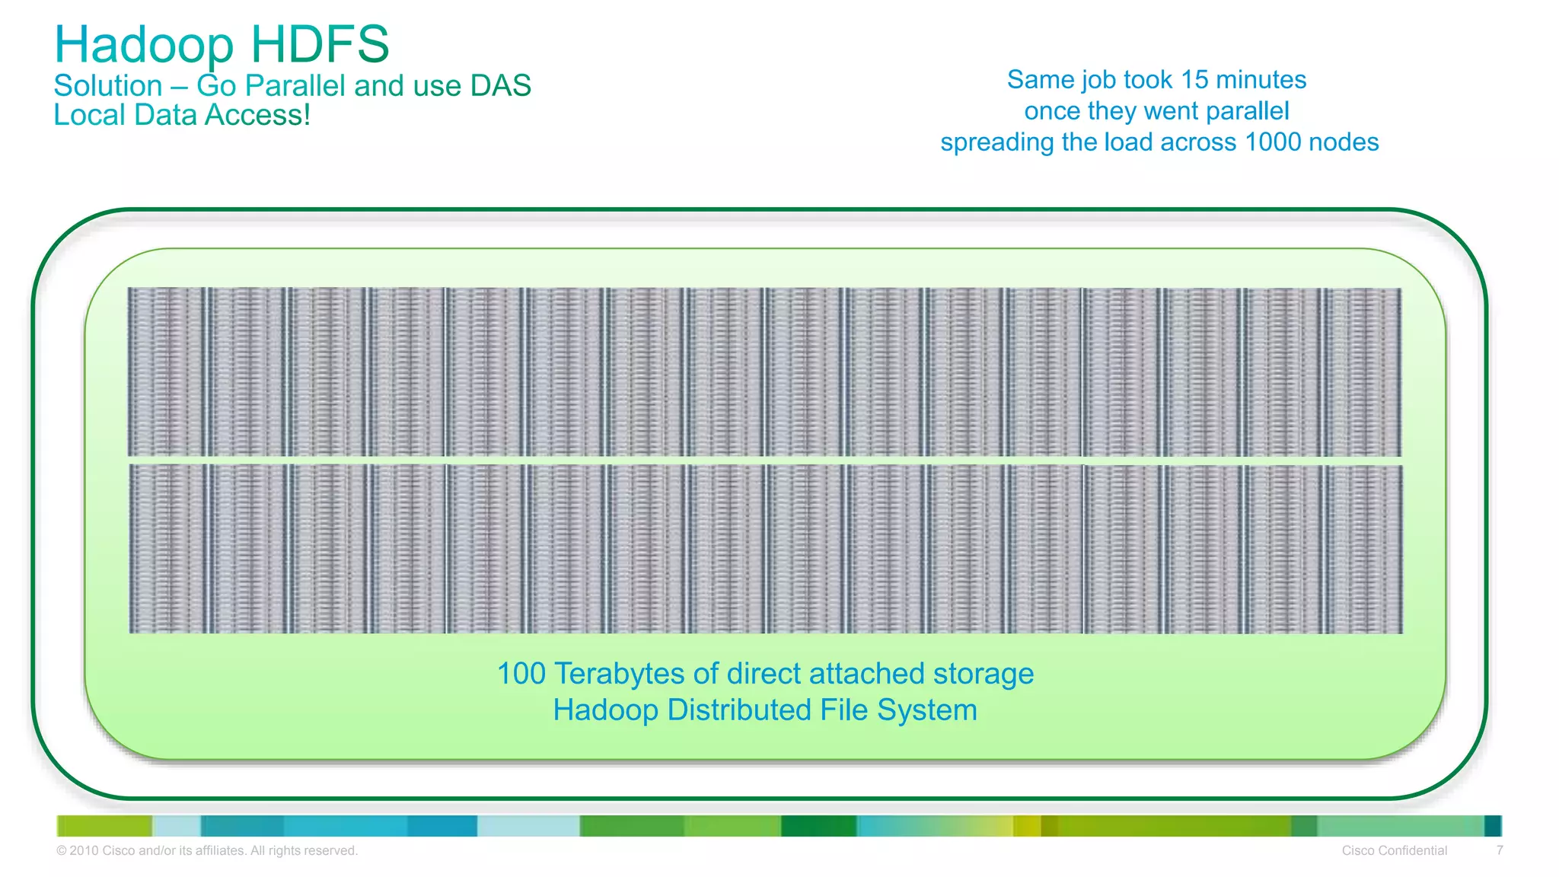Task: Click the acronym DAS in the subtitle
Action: [x=500, y=86]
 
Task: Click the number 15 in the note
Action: [x=1194, y=80]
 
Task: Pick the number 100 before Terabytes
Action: [x=521, y=674]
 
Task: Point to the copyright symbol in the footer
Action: [x=62, y=851]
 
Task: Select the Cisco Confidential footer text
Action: [x=1394, y=851]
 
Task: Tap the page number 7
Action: [x=1499, y=851]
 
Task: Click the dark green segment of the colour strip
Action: [x=818, y=826]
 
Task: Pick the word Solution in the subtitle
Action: [x=108, y=86]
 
